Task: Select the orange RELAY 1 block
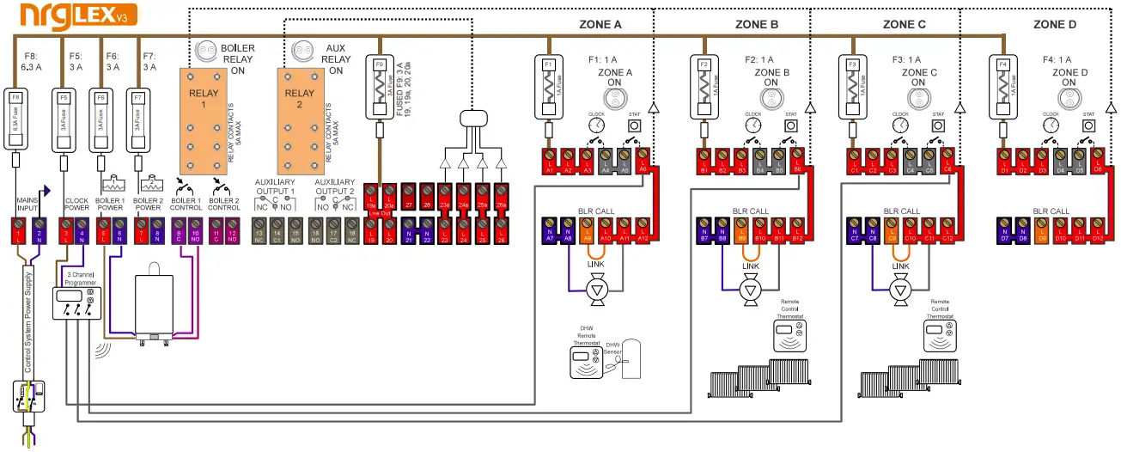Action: click(x=207, y=119)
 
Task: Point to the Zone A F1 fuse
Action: click(x=548, y=88)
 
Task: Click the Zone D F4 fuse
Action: click(x=1002, y=88)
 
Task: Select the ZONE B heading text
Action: click(x=757, y=24)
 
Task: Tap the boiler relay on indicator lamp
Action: click(x=206, y=50)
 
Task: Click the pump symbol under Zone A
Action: click(x=594, y=291)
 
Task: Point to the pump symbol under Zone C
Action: click(x=899, y=291)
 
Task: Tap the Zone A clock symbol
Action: click(x=596, y=125)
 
